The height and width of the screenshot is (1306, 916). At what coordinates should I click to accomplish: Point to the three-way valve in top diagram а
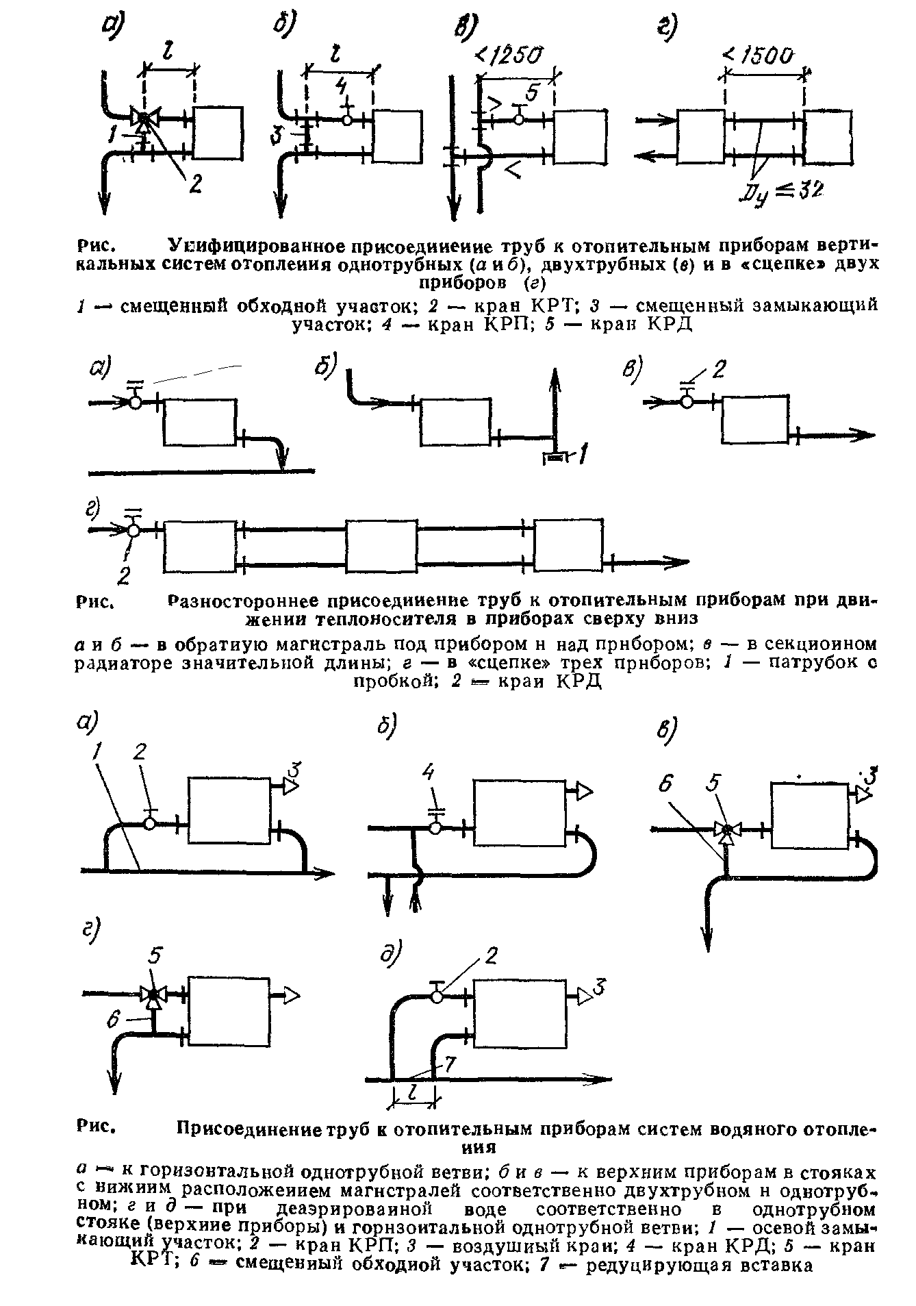tap(144, 119)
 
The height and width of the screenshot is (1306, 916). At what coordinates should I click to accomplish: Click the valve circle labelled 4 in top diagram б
tap(347, 120)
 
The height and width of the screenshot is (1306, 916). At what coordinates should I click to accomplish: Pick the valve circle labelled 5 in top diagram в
tap(519, 120)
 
